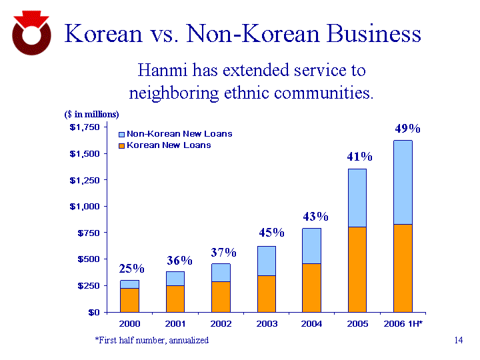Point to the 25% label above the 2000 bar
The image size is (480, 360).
tap(131, 269)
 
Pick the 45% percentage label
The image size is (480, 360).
tap(271, 233)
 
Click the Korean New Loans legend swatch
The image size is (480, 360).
tap(121, 145)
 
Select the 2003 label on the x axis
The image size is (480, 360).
tap(266, 323)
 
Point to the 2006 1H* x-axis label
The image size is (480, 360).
tap(403, 323)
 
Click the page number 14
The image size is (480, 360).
tap(458, 341)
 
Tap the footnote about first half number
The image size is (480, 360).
tap(151, 340)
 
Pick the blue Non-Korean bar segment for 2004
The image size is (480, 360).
tap(311, 245)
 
